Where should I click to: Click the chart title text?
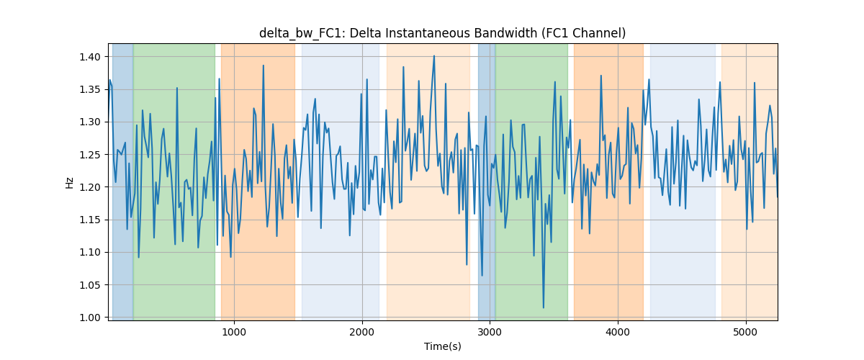(442, 33)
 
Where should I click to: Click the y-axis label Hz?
(69, 182)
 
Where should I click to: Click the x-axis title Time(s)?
(442, 346)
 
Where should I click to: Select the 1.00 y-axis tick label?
(90, 318)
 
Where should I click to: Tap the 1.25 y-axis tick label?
(90, 155)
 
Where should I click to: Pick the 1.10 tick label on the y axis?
(90, 252)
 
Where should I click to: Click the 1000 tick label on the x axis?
(234, 332)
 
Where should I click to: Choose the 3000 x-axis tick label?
(490, 332)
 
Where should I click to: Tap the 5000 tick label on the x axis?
(746, 332)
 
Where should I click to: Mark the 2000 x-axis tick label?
(362, 332)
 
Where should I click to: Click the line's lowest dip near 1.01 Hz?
(544, 307)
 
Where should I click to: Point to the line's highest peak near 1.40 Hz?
(434, 56)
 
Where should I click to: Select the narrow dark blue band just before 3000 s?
(487, 182)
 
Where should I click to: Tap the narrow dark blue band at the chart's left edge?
(122, 182)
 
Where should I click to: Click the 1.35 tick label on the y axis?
(90, 89)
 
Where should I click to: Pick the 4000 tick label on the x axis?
(618, 332)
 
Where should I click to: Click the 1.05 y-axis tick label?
(90, 285)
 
